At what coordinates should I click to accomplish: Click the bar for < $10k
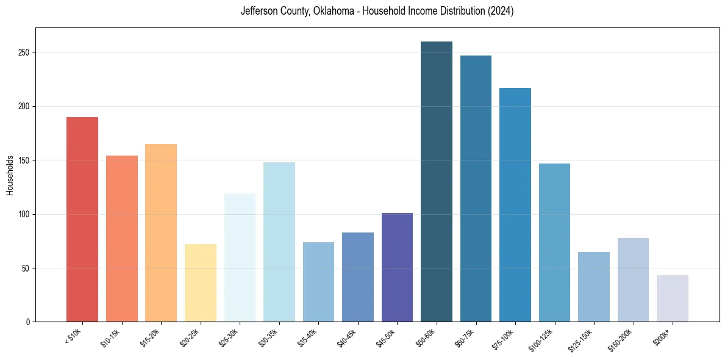[82, 219]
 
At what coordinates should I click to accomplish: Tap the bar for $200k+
[673, 298]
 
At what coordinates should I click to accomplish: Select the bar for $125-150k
[594, 287]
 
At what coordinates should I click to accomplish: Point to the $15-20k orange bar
[161, 232]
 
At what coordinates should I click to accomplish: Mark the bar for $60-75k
[476, 189]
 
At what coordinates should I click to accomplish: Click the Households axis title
[10, 175]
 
